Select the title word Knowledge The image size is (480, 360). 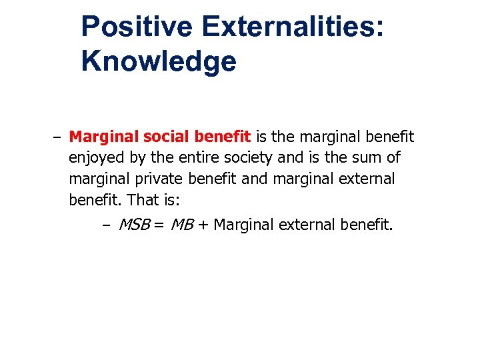(159, 61)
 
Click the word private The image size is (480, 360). (154, 179)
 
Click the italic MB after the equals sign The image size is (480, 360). (181, 225)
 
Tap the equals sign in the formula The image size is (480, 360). (159, 225)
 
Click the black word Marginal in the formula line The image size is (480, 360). (244, 225)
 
